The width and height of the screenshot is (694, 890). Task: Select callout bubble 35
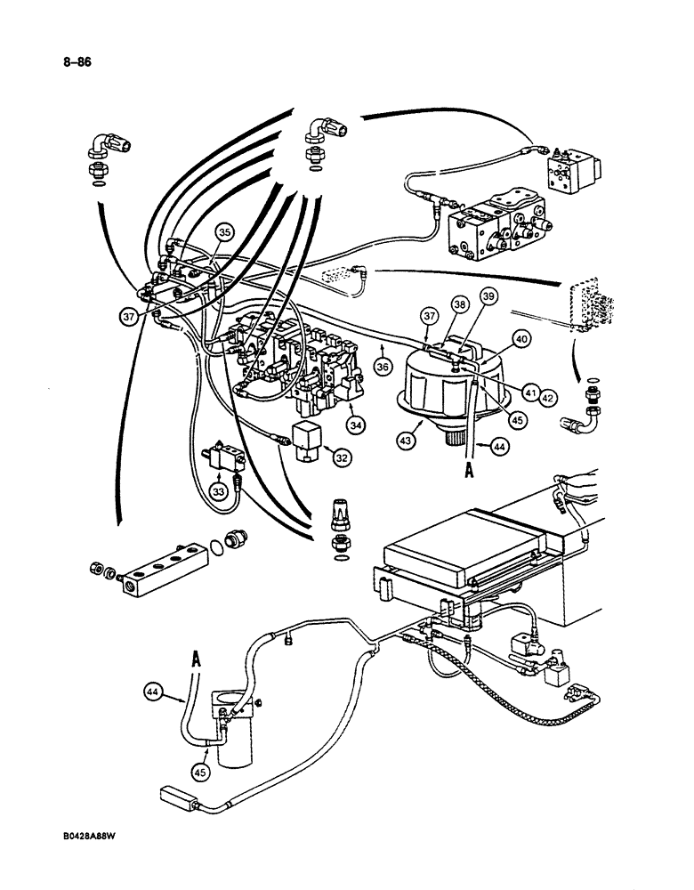pos(223,233)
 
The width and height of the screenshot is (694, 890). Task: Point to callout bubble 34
pos(357,425)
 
